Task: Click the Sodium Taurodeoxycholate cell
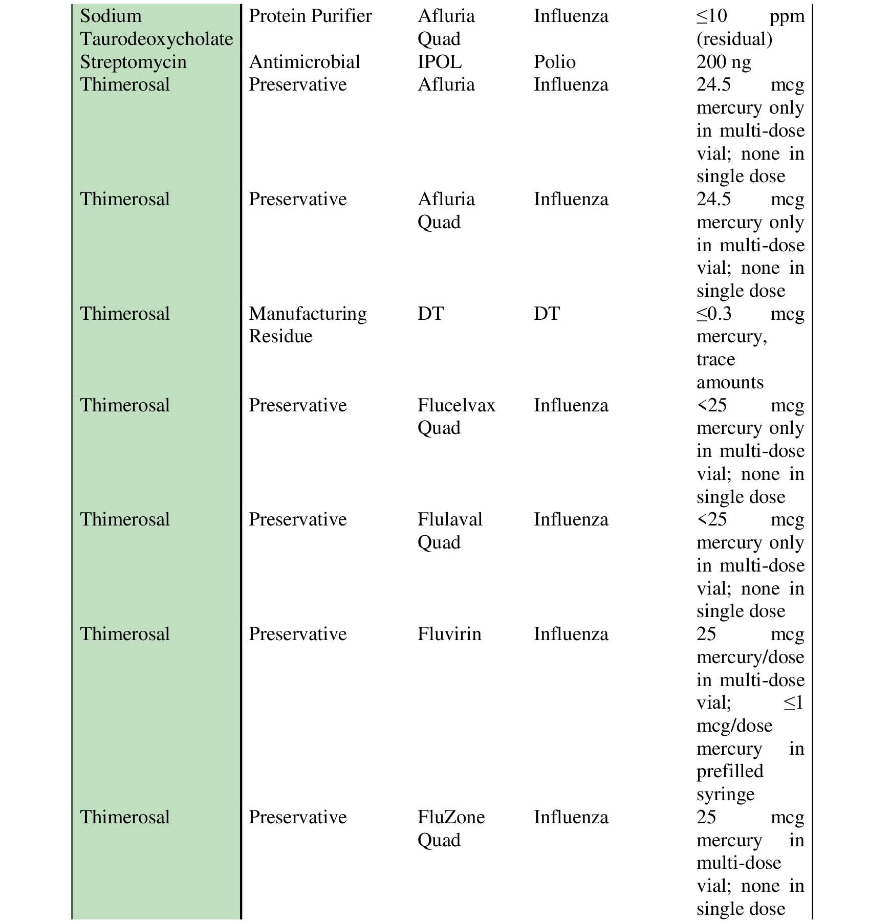coord(156,28)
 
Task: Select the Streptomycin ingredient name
coord(133,62)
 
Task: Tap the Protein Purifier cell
coord(310,16)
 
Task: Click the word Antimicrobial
coord(304,62)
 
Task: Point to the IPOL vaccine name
coord(439,62)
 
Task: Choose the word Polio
coord(554,62)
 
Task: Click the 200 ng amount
coord(724,62)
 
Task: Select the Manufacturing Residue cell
coord(307,325)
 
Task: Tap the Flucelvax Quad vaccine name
coord(456,416)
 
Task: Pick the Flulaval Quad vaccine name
coord(449,531)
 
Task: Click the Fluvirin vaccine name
coord(449,634)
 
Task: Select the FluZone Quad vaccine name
coord(451,828)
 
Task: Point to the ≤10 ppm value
coord(750,16)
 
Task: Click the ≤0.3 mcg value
coord(750,314)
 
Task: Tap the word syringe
coord(725,794)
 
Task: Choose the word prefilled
coord(729,771)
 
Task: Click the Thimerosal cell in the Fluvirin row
coord(125,634)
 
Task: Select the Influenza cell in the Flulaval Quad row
coord(571,520)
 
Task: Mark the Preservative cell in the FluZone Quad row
coord(297,817)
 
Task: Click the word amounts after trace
coord(730,382)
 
